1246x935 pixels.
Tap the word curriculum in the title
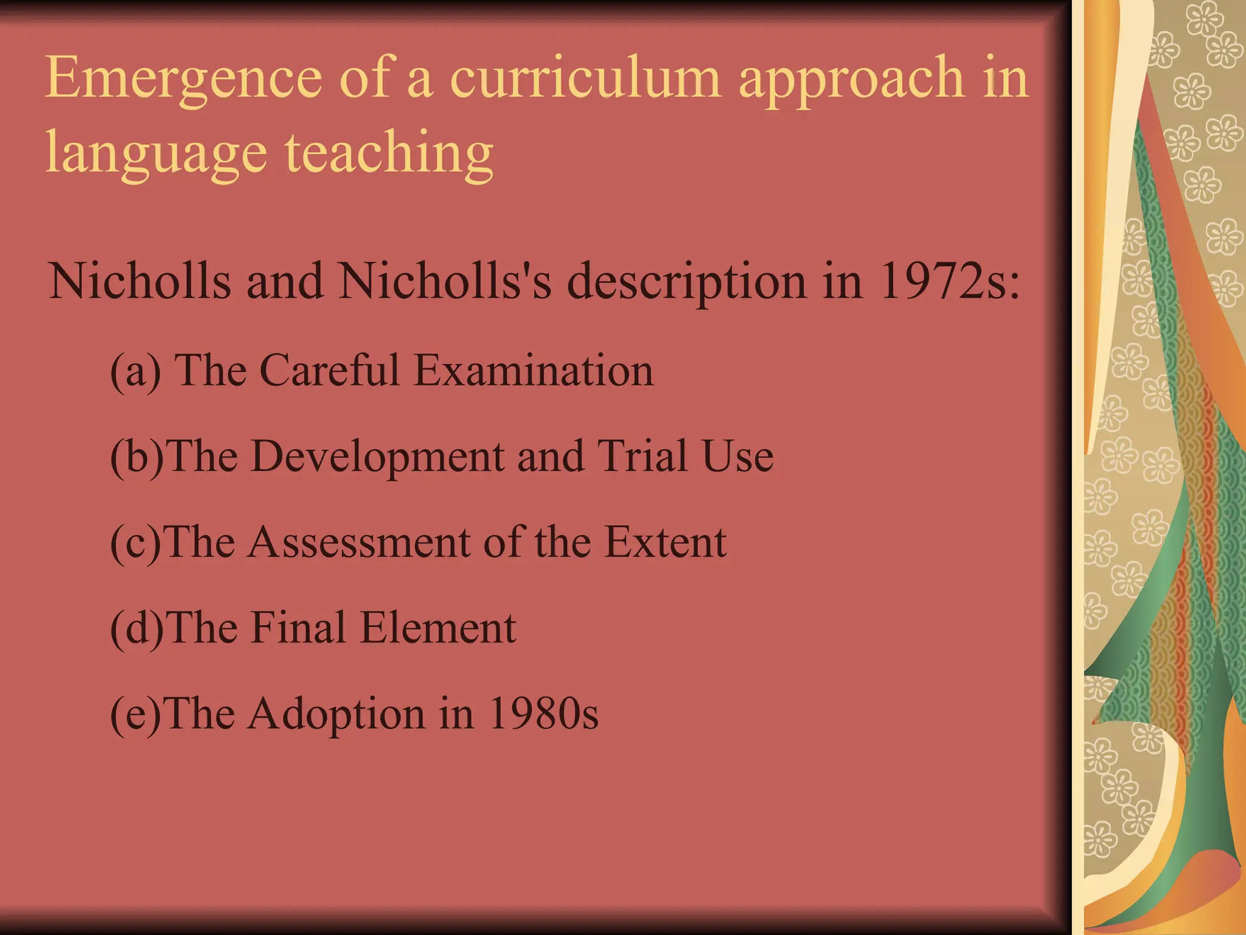[x=585, y=78]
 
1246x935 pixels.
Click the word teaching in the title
[x=389, y=152]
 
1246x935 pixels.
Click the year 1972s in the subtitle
[x=950, y=281]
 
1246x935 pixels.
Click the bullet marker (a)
[x=135, y=371]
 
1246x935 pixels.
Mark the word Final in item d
[x=298, y=628]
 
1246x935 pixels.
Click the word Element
[x=437, y=628]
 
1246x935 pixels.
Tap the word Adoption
[x=336, y=715]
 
